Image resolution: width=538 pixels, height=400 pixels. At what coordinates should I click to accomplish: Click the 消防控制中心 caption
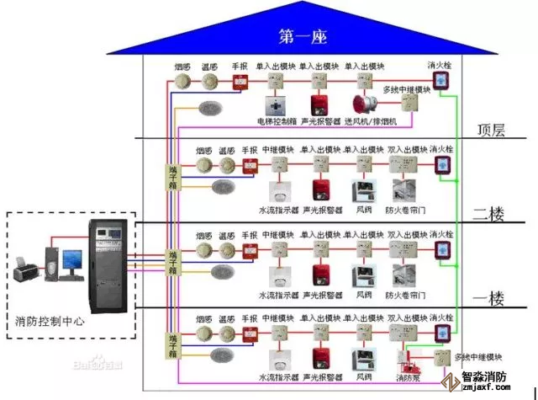(x=50, y=322)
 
